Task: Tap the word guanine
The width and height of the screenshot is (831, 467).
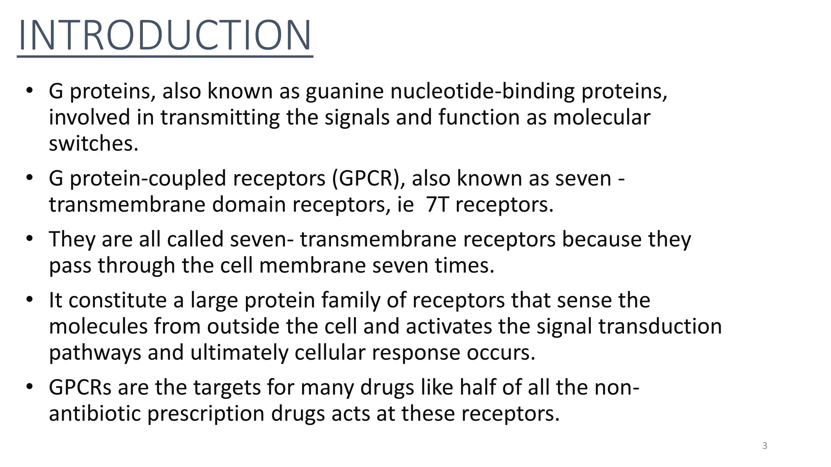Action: coord(344,91)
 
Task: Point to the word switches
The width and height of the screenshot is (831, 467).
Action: coord(94,144)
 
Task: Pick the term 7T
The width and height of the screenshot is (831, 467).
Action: coord(437,205)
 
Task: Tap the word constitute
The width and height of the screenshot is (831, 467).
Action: coord(117,300)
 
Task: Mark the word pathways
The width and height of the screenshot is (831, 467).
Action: coord(95,353)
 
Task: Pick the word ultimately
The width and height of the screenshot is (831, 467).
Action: coord(239,353)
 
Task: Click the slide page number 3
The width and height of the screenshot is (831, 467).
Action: coord(765,446)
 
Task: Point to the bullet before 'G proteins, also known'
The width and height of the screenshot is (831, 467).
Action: coord(29,90)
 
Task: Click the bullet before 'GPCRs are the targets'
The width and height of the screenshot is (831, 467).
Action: coord(29,387)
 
